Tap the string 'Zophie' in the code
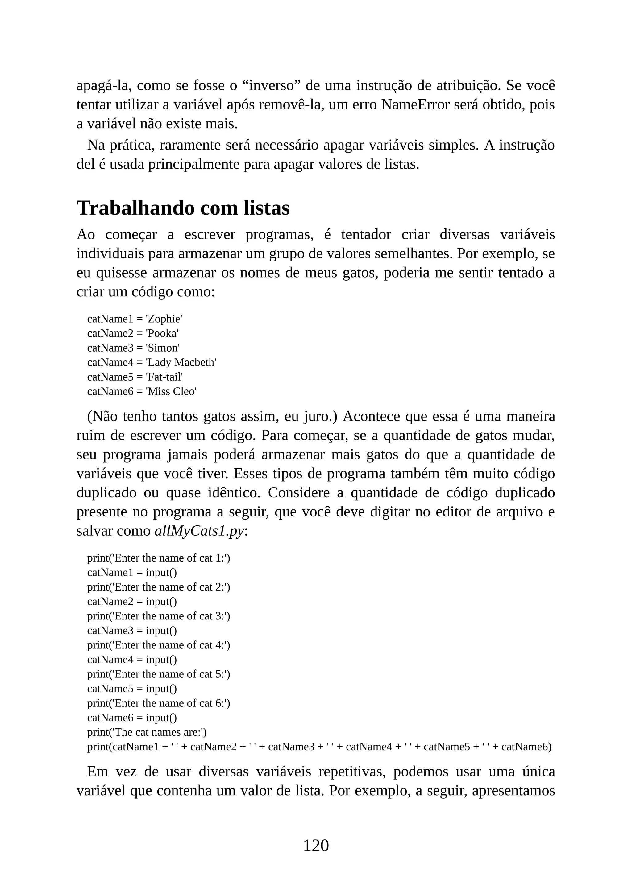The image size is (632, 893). click(x=164, y=319)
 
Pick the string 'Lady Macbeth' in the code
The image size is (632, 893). click(x=181, y=363)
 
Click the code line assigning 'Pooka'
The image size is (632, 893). click(x=133, y=333)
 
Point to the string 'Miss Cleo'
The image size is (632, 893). click(x=171, y=391)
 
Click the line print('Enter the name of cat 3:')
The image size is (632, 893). click(x=158, y=616)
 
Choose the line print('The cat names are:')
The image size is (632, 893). click(x=147, y=732)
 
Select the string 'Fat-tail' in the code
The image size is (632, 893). click(x=164, y=377)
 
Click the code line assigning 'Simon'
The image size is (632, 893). click(x=133, y=348)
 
